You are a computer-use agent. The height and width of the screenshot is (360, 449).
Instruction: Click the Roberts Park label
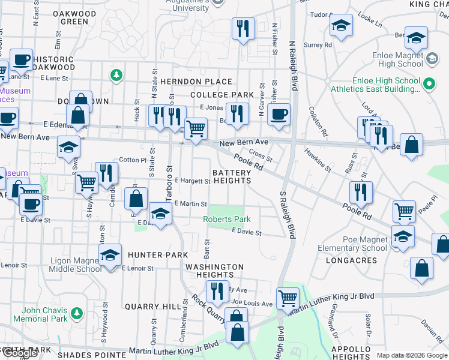click(226, 220)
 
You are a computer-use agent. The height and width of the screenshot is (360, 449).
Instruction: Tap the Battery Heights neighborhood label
click(232, 176)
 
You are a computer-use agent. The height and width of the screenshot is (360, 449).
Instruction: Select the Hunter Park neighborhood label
click(153, 255)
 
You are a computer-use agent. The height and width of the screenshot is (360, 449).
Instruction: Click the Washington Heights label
click(214, 271)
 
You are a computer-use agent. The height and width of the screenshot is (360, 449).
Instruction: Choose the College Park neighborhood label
click(222, 95)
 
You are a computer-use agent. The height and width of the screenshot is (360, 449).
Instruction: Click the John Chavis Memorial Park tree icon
click(76, 313)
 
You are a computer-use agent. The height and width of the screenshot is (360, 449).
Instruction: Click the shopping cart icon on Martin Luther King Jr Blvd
click(288, 298)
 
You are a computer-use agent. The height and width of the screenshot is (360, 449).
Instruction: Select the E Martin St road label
click(190, 204)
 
